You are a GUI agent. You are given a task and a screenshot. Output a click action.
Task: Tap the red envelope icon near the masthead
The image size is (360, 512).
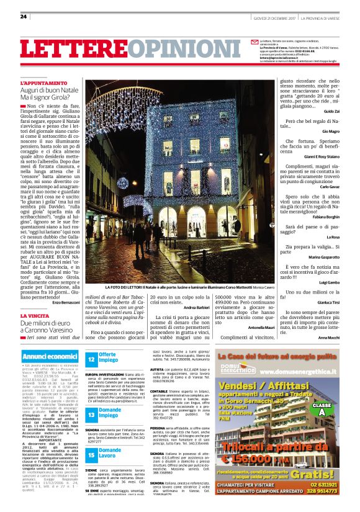254,41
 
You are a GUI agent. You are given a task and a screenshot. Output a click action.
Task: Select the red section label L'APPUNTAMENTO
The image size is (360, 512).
43,83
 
